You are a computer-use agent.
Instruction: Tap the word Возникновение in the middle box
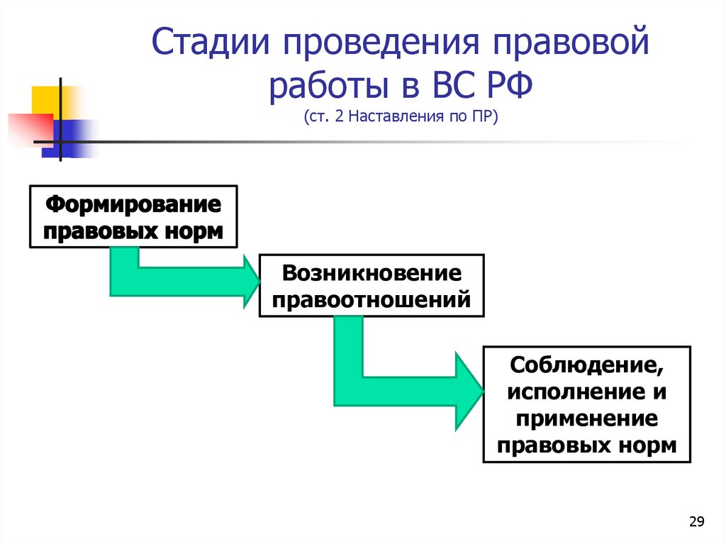(372, 273)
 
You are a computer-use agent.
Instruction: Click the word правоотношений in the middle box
(372, 298)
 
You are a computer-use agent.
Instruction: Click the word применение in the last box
(586, 418)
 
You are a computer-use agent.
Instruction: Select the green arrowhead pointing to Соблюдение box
(468, 391)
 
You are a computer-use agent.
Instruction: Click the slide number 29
(696, 523)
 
